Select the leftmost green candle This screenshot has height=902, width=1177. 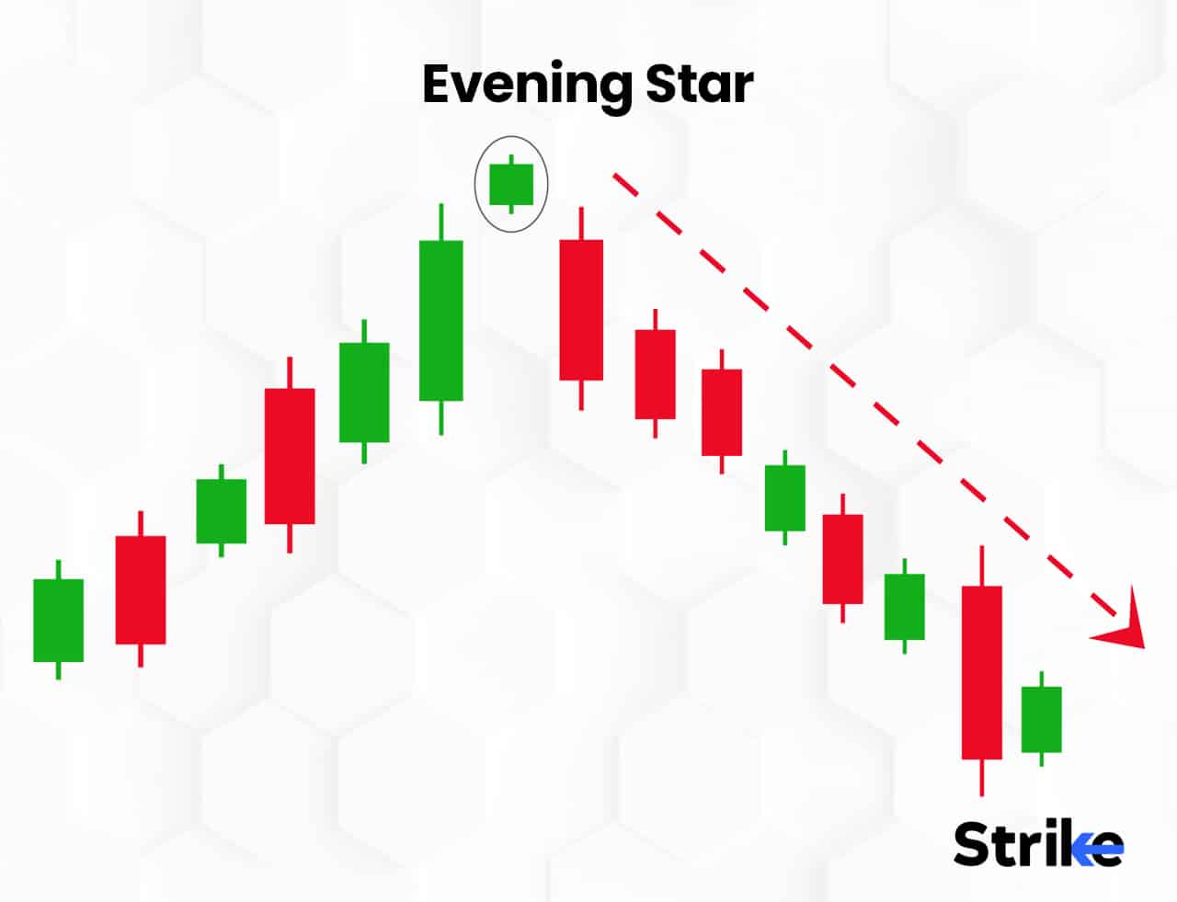pos(58,620)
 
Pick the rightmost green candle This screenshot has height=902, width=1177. pos(1041,719)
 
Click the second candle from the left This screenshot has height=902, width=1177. pos(140,589)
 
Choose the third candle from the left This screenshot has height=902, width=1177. pos(221,511)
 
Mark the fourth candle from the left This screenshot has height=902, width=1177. pos(290,456)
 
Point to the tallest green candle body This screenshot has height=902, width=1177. pos(441,320)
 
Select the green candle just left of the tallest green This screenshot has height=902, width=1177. pos(364,393)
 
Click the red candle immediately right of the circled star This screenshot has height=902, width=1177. pos(581,310)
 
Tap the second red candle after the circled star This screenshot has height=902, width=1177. pos(655,374)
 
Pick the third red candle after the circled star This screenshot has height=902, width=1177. pos(722,412)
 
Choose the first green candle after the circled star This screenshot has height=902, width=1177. pos(784,498)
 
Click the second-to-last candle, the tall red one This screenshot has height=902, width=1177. pos(982,672)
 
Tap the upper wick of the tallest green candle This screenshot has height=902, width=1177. pos(441,222)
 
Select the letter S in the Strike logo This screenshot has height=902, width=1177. pos(974,843)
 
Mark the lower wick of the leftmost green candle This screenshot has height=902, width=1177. pos(58,670)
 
